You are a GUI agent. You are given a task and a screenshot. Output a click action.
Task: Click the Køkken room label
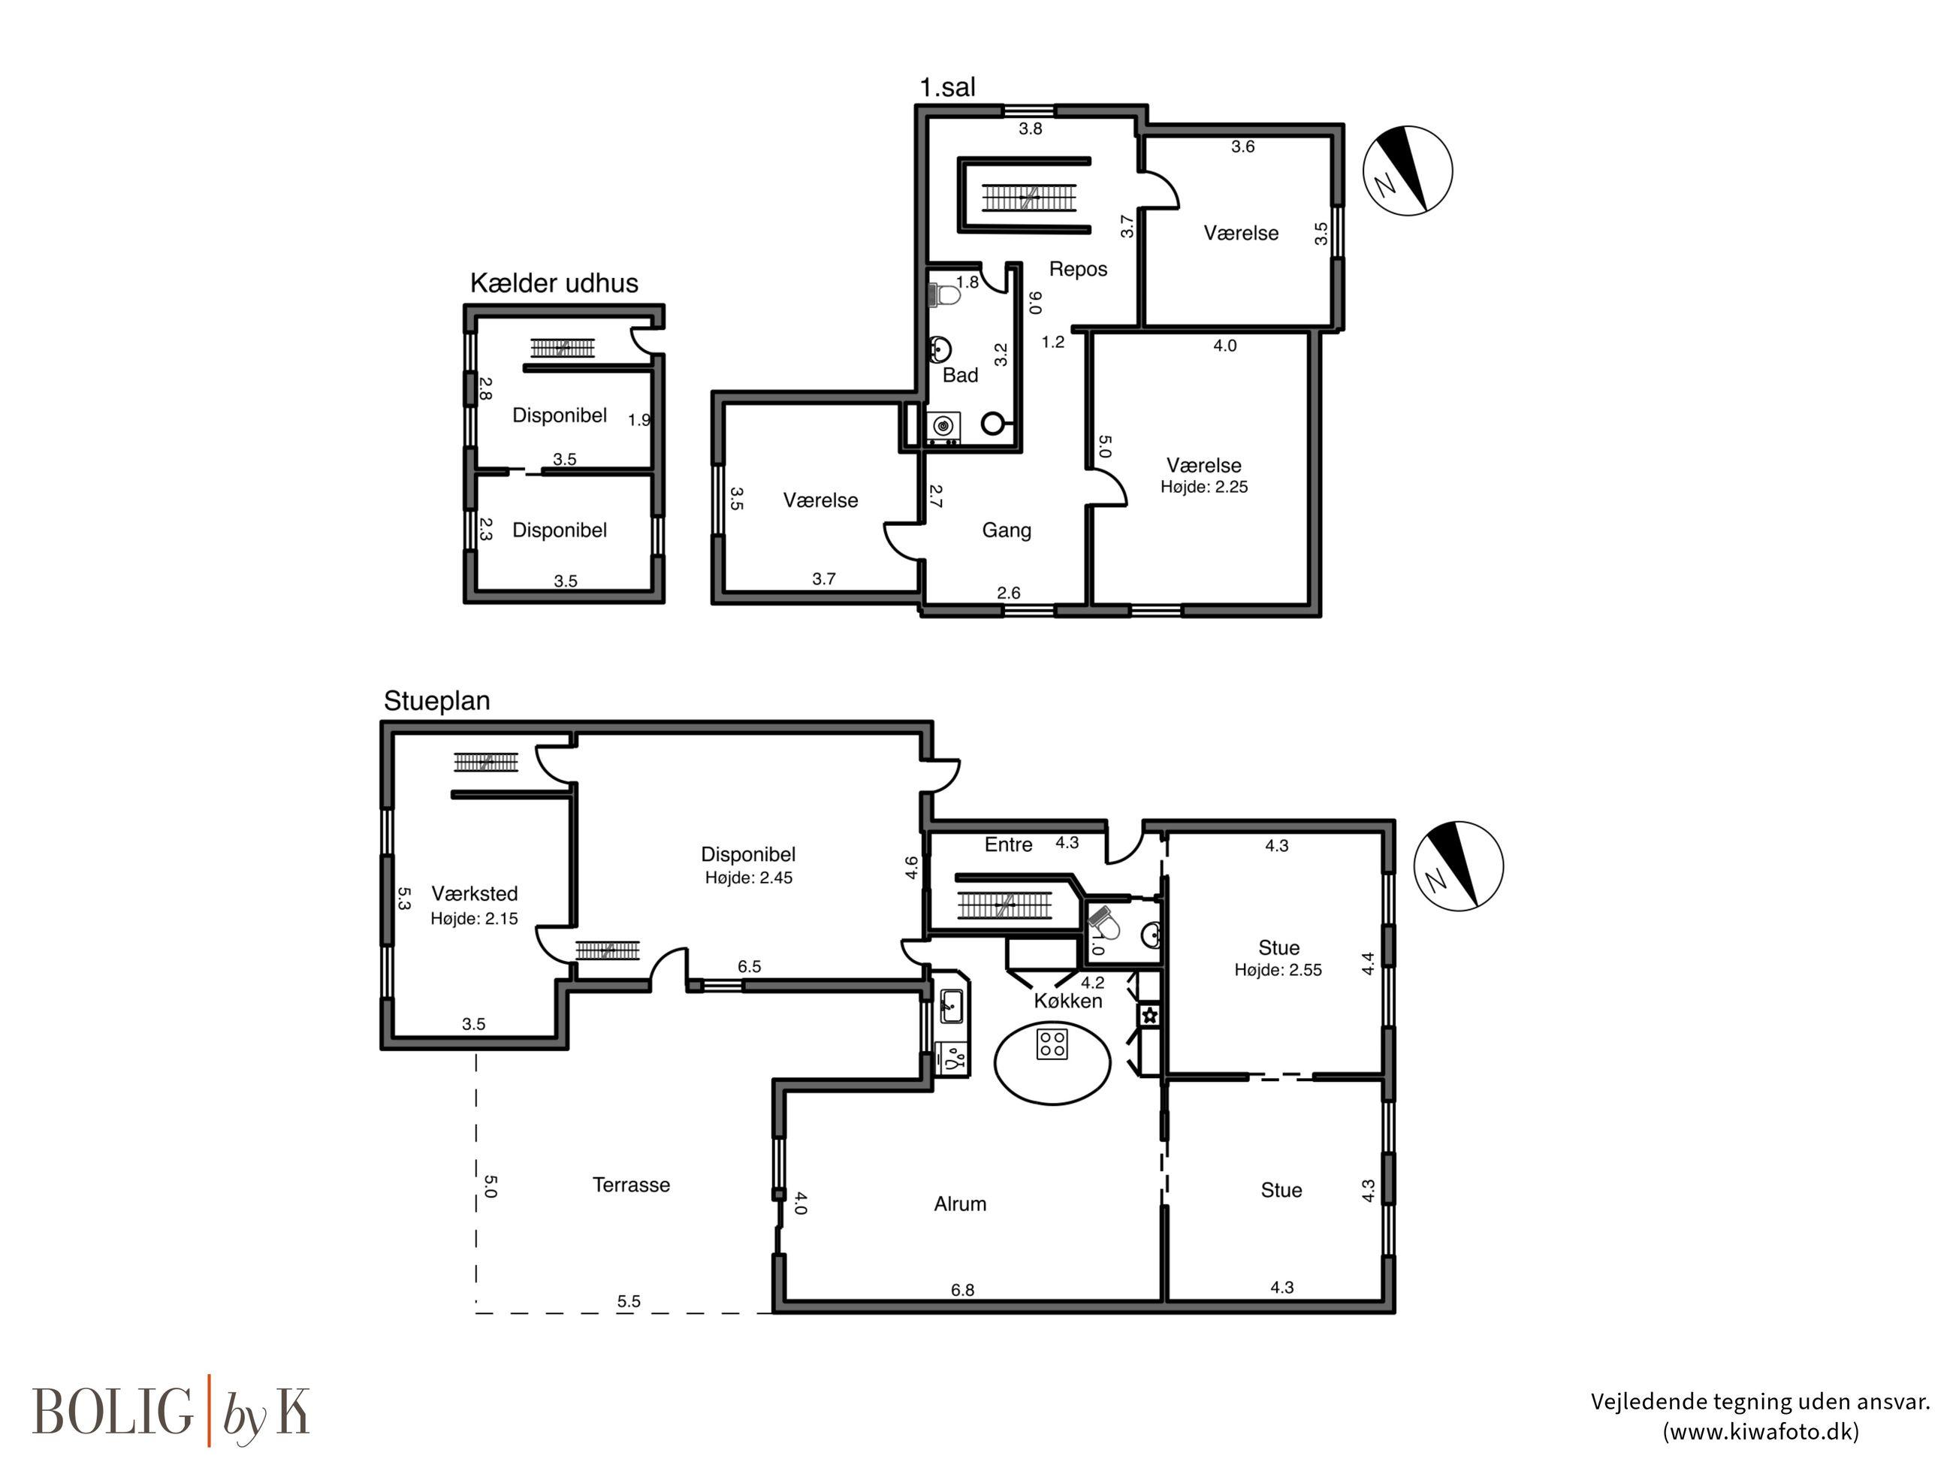pyautogui.click(x=1068, y=1001)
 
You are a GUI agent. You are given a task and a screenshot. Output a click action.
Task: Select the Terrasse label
pyautogui.click(x=631, y=1184)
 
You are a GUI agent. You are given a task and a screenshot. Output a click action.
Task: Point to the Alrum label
pyautogui.click(x=960, y=1204)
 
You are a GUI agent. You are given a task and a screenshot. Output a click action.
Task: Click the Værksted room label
pyautogui.click(x=474, y=894)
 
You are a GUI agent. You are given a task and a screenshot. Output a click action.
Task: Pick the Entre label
pyautogui.click(x=1008, y=845)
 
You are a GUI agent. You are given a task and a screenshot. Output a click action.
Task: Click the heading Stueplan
pyautogui.click(x=436, y=700)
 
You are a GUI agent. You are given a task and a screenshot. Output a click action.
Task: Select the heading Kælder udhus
pyautogui.click(x=554, y=282)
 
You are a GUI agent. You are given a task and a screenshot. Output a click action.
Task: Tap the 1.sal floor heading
pyautogui.click(x=947, y=87)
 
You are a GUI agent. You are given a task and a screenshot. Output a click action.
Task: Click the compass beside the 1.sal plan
pyautogui.click(x=1408, y=171)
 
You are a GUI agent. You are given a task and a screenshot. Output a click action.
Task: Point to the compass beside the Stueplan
pyautogui.click(x=1458, y=865)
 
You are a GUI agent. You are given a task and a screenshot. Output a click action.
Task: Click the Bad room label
pyautogui.click(x=961, y=376)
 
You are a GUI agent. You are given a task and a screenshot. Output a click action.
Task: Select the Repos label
pyautogui.click(x=1078, y=268)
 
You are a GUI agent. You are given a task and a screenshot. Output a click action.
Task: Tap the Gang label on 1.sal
pyautogui.click(x=1007, y=530)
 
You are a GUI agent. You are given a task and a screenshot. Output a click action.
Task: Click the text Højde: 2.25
pyautogui.click(x=1204, y=487)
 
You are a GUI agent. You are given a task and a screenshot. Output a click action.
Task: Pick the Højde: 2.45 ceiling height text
pyautogui.click(x=749, y=877)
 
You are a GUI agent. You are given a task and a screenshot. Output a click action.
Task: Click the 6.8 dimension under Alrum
pyautogui.click(x=962, y=1290)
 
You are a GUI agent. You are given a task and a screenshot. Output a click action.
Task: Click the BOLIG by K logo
pyautogui.click(x=171, y=1411)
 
